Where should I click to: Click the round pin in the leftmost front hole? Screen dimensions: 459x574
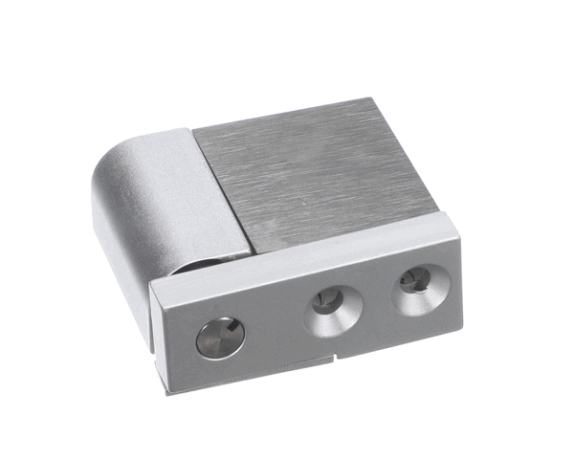[x=220, y=338]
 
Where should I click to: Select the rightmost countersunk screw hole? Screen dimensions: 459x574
[x=418, y=291]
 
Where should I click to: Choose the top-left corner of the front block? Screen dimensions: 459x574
[x=152, y=279]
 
